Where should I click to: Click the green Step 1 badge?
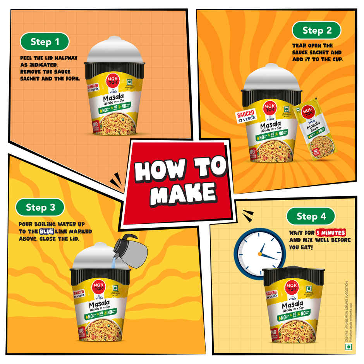(45, 42)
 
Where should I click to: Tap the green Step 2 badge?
(317, 30)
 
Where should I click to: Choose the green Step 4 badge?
(311, 216)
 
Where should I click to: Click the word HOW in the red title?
(156, 170)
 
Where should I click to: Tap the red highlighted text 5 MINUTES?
(330, 233)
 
